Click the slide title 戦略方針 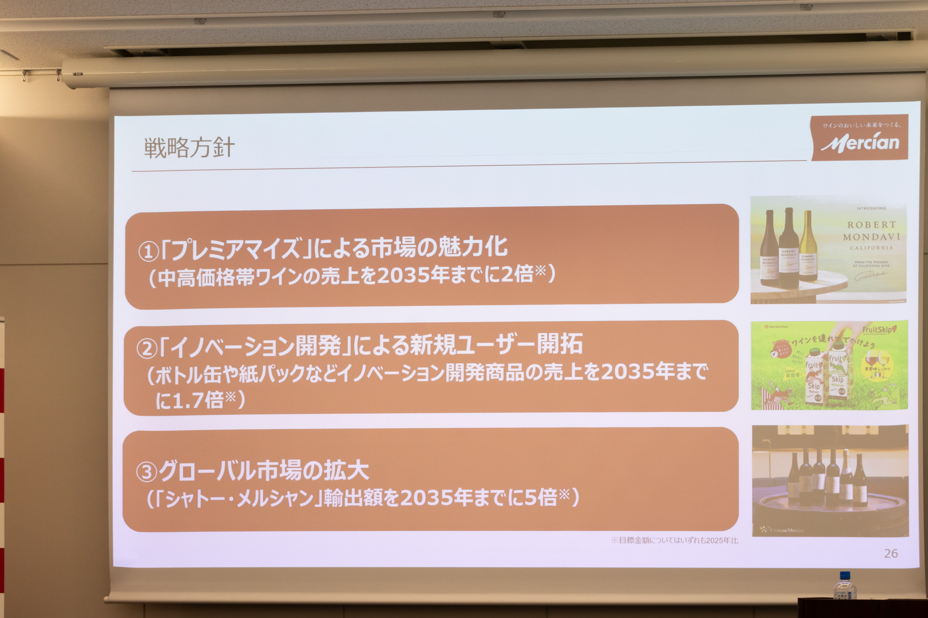tap(189, 148)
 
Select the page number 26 tap(891, 553)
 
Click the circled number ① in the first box tap(148, 251)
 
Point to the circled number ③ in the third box tap(146, 472)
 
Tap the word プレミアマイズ tap(236, 249)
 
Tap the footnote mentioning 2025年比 tap(674, 540)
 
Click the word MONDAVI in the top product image tap(871, 237)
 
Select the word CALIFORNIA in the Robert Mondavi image tap(871, 248)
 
